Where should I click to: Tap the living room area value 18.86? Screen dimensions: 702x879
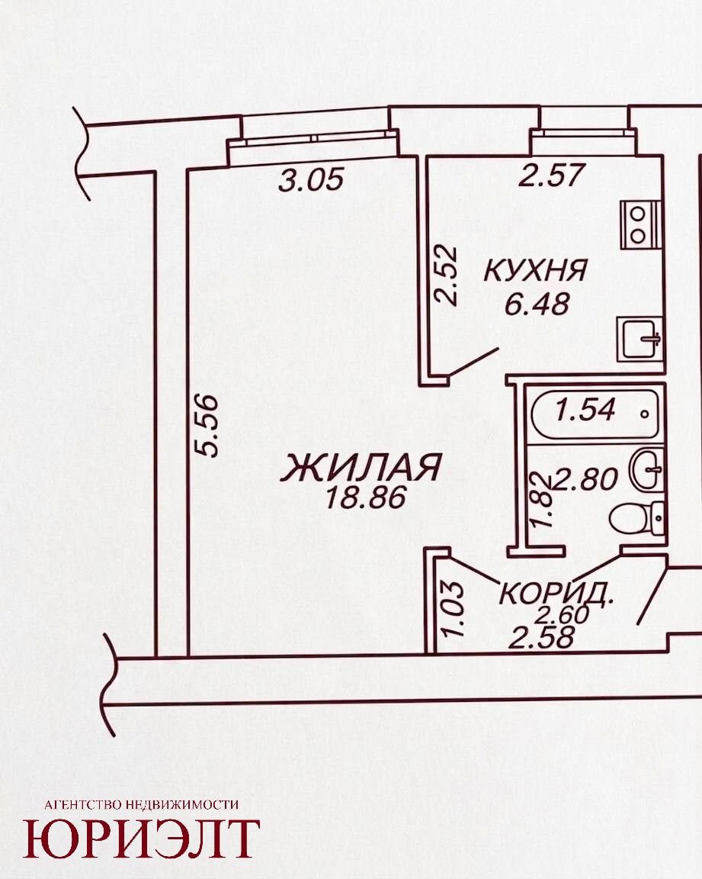pyautogui.click(x=364, y=497)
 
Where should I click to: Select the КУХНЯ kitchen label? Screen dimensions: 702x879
pyautogui.click(x=534, y=271)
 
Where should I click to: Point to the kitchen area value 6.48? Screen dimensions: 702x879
pyautogui.click(x=537, y=304)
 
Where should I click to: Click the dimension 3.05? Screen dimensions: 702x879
pyautogui.click(x=311, y=181)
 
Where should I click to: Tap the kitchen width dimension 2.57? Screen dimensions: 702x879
pyautogui.click(x=552, y=175)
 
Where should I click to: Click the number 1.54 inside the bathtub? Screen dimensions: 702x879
pyautogui.click(x=585, y=409)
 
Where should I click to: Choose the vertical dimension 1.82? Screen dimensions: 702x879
pyautogui.click(x=542, y=500)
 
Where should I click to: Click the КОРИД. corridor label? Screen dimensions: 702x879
pyautogui.click(x=556, y=594)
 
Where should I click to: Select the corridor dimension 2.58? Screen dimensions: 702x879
pyautogui.click(x=541, y=637)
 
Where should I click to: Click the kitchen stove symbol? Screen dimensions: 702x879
pyautogui.click(x=639, y=225)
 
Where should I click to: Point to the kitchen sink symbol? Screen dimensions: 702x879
pyautogui.click(x=640, y=339)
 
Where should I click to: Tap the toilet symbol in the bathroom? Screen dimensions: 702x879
pyautogui.click(x=637, y=520)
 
